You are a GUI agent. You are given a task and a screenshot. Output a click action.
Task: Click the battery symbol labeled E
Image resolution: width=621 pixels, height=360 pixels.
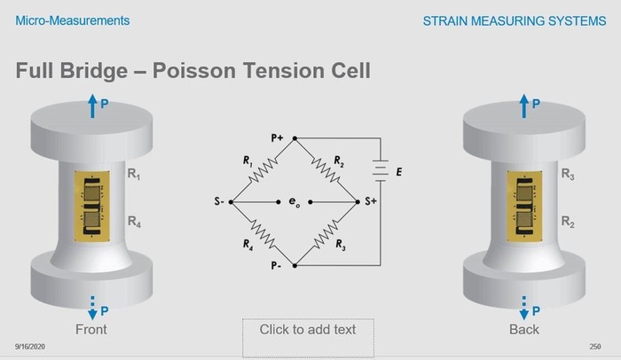click(x=381, y=170)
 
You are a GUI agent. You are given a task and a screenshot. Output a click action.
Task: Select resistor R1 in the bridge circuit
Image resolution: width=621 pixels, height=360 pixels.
click(x=263, y=170)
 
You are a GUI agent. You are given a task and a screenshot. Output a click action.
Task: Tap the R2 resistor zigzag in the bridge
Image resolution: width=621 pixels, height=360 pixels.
click(x=326, y=170)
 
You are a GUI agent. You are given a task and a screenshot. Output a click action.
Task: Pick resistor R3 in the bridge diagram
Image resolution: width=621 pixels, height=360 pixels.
click(x=326, y=234)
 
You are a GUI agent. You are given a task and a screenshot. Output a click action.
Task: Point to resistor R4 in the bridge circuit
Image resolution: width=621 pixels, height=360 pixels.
click(x=263, y=234)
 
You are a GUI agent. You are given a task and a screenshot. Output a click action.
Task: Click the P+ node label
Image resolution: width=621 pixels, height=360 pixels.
click(x=277, y=137)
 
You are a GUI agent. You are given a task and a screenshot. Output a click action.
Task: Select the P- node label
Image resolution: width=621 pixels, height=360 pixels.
click(x=276, y=265)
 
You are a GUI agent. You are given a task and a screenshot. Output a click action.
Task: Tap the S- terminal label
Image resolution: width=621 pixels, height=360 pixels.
click(x=219, y=201)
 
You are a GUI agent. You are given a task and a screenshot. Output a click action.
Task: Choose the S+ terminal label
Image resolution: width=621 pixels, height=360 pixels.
click(x=371, y=201)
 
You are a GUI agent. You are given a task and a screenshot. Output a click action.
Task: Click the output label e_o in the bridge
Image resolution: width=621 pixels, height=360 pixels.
click(x=295, y=202)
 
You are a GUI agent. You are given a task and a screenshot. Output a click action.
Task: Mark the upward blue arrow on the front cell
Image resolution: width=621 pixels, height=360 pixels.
click(x=92, y=106)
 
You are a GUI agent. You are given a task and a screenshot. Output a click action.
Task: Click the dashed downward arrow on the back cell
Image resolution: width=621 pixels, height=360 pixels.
click(x=524, y=308)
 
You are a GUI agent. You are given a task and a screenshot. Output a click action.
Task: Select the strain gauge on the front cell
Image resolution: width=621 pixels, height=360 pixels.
click(x=92, y=206)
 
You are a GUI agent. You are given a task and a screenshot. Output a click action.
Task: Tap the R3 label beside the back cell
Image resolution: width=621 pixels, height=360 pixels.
click(x=568, y=175)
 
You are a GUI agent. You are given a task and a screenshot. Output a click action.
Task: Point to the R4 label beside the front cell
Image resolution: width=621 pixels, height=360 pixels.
click(x=134, y=222)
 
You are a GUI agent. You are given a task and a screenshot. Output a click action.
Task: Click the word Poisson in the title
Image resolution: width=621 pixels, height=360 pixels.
click(x=194, y=71)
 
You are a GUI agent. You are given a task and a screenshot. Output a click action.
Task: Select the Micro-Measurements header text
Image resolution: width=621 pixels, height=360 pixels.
click(x=73, y=20)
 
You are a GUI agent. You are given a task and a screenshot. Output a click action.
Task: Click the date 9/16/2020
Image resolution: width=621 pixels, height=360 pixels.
click(x=30, y=347)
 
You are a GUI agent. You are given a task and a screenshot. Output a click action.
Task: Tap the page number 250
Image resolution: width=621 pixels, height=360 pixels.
click(x=595, y=347)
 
